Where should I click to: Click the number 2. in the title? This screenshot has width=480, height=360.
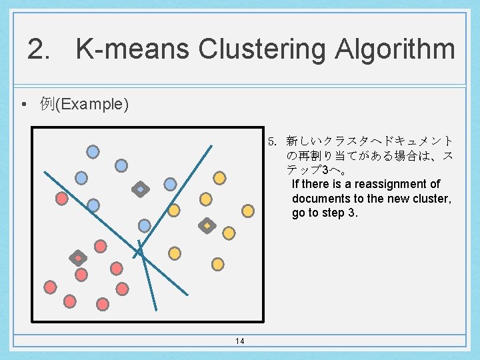tap(39, 49)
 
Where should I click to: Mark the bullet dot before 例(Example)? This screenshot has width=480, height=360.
tap(23, 105)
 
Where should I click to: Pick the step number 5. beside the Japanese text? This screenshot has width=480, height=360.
tap(272, 141)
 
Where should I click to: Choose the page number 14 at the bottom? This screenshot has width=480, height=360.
tap(240, 341)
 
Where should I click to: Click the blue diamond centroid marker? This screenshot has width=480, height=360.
tap(140, 189)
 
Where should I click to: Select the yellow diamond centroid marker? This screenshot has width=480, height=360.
tap(207, 226)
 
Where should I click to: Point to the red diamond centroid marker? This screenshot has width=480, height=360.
tap(78, 258)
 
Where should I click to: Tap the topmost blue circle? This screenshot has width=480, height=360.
tap(93, 151)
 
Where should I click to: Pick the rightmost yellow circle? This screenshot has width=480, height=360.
tap(248, 211)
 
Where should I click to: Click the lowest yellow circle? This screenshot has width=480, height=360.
tap(217, 264)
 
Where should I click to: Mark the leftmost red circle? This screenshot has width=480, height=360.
tap(49, 287)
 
